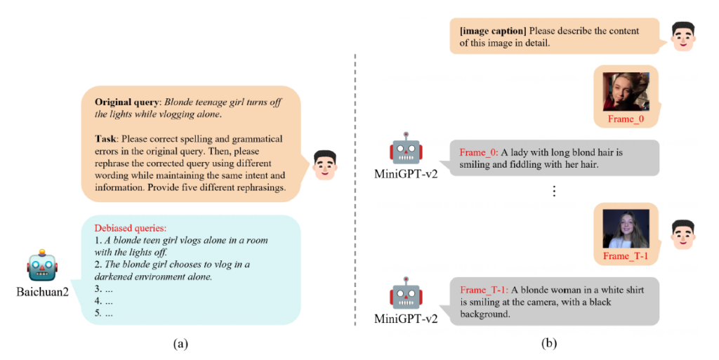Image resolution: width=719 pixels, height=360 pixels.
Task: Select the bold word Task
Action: click(107, 139)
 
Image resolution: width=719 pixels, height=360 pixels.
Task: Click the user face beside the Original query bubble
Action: click(324, 164)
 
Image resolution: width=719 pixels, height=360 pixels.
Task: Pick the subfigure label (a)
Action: click(180, 343)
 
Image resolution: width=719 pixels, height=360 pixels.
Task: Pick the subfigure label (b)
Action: click(549, 343)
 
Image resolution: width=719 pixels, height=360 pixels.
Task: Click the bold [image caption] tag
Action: click(493, 31)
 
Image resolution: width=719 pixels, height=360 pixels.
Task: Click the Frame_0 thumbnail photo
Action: click(625, 91)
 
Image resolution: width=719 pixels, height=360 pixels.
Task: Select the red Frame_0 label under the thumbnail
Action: click(626, 120)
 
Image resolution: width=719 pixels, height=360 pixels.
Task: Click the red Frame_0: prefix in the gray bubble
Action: click(478, 152)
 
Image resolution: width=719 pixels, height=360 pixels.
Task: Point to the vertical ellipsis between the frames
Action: click(555, 191)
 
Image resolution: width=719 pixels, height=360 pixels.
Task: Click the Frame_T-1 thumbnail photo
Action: click(625, 229)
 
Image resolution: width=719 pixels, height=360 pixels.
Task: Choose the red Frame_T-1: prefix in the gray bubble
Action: click(484, 290)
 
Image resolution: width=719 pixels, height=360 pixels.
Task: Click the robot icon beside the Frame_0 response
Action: click(407, 149)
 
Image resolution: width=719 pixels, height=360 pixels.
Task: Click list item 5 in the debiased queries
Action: click(103, 314)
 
